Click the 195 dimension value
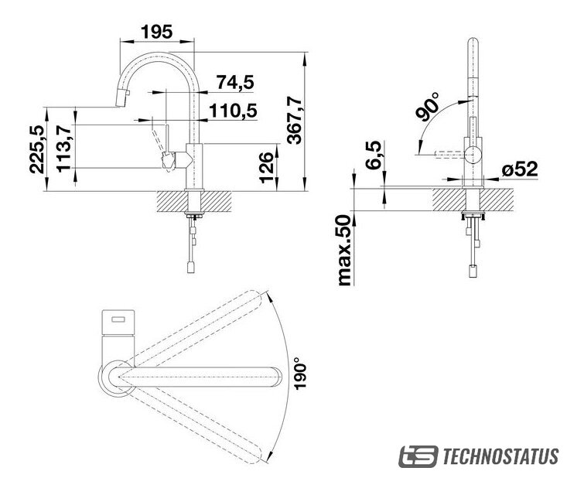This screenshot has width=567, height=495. pos(156,32)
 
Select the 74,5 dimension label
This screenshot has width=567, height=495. pos(235,82)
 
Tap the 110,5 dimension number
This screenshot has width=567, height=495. pos(233,111)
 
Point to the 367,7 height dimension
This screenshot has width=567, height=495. pos(295,120)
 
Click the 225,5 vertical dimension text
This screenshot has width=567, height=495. pos(37,149)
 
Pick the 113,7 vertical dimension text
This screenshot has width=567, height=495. pos(64,148)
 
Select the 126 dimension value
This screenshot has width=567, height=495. pos(267,168)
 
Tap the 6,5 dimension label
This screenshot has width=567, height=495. pos(373,155)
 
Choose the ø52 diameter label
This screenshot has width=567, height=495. pos(520,169)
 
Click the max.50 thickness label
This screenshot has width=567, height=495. pos(344,250)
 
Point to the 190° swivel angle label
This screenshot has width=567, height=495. pos(300,374)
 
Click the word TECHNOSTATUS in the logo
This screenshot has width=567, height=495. pos(500,456)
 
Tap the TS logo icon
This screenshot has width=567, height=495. pos(418,456)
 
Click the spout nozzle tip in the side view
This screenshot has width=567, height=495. pos(121,98)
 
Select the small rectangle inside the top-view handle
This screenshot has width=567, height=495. pos(118,319)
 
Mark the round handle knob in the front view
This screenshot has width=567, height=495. pos(473,155)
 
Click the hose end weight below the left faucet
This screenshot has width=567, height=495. pos(190,268)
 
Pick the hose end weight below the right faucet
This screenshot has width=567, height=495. pos(473,271)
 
